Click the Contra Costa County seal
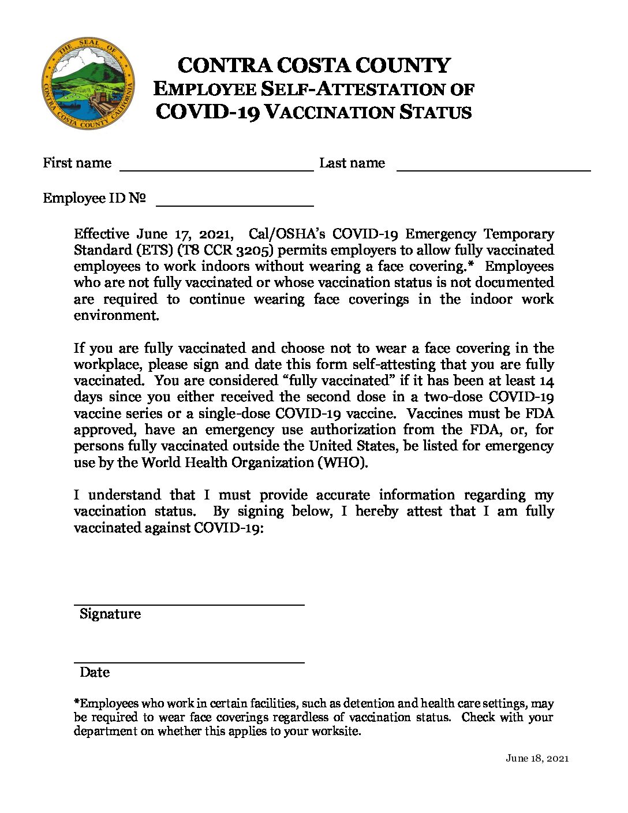[88, 84]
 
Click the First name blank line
[216, 170]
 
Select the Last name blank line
[494, 170]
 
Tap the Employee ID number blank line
[235, 205]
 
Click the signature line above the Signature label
[189, 604]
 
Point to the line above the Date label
[189, 662]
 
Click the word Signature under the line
[110, 614]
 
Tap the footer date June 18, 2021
[537, 758]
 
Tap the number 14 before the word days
[546, 381]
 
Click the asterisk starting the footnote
[77, 703]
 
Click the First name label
[77, 163]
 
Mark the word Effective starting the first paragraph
[102, 234]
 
